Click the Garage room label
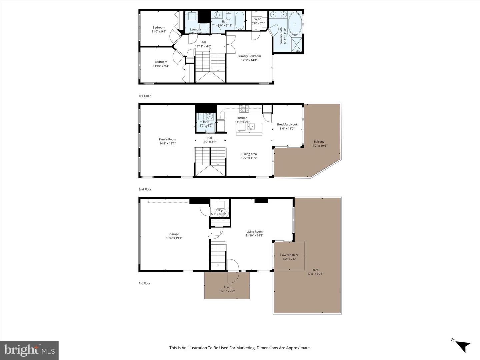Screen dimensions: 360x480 pos(174,234)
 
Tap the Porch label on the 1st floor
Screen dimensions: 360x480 pos(227,287)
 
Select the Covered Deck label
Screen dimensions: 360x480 pos(289,255)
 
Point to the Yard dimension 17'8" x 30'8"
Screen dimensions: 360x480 pos(315,274)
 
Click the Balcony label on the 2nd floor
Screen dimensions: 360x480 pos(319,142)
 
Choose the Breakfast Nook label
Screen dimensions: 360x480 pos(287,124)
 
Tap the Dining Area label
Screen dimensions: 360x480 pos(249,154)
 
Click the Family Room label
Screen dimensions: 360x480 pos(167,139)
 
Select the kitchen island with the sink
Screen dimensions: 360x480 pos(249,129)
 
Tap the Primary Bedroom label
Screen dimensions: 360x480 pos(249,56)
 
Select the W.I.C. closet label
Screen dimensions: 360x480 pos(258,19)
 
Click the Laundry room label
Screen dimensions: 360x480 pos(195,29)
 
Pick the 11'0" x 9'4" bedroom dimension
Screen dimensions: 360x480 pos(159,32)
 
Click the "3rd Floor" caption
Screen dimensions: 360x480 pos(145,96)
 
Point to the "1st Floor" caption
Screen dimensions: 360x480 pos(145,283)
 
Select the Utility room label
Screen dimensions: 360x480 pos(218,210)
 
